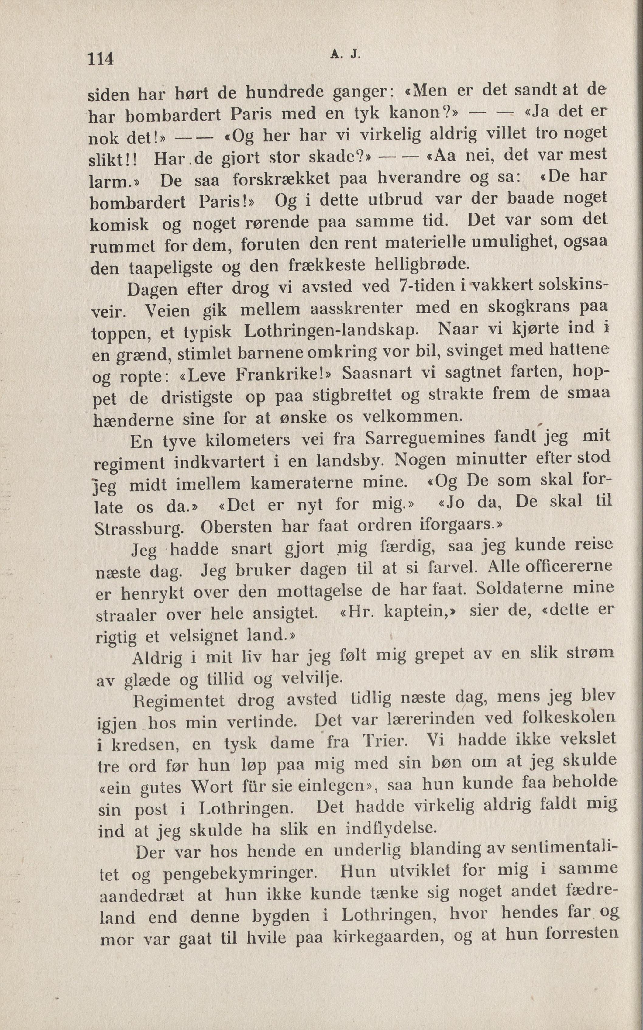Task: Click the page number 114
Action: pos(101,58)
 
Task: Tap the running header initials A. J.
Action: pos(345,54)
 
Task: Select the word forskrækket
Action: pos(281,179)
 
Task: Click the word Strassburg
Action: pos(139,529)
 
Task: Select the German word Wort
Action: pos(212,786)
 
